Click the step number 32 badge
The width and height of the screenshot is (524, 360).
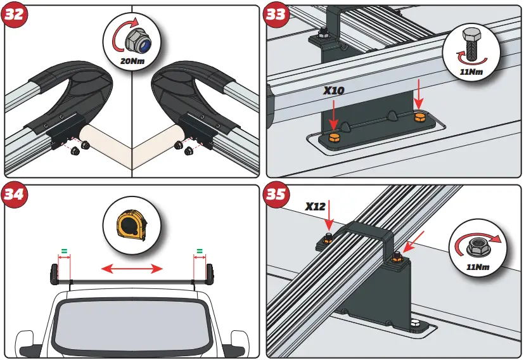point(15,15)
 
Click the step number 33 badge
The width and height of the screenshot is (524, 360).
point(277,15)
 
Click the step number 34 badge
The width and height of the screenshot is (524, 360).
point(15,195)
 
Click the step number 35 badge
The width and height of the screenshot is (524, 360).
point(277,195)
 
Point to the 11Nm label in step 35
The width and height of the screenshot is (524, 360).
point(479,267)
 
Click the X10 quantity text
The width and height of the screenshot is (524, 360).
point(333,91)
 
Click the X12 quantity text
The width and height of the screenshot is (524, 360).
point(315,207)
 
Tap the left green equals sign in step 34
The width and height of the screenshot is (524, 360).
point(63,251)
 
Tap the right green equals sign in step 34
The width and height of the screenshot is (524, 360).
point(200,251)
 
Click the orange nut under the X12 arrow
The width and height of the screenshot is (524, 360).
point(328,239)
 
